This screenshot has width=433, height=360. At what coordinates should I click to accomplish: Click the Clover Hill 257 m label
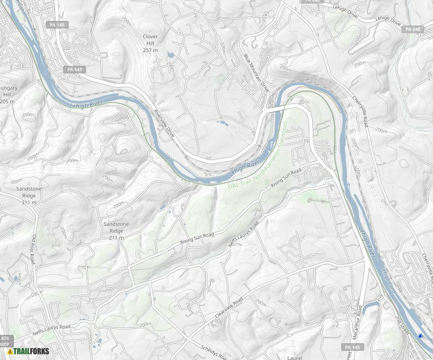[x=150, y=43]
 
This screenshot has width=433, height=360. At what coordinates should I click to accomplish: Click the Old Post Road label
[x=35, y=249]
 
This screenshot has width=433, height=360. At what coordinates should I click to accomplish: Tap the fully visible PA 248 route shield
[x=413, y=30]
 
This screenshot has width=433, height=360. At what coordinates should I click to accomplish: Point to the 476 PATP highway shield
[x=5, y=341]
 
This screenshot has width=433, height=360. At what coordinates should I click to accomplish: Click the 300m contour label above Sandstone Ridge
[x=16, y=181]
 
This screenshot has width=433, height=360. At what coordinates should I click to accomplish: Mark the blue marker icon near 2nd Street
[x=420, y=336]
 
